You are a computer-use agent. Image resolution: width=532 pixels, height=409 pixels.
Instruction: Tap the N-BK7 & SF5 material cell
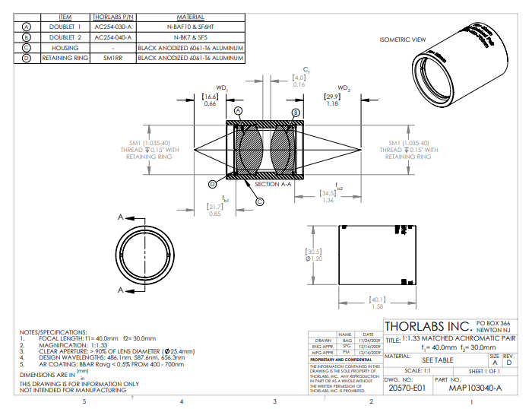[x=190, y=36]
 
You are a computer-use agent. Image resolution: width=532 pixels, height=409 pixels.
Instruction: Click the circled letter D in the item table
[x=27, y=57]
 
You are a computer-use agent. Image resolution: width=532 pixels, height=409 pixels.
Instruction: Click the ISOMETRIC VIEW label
[x=402, y=40]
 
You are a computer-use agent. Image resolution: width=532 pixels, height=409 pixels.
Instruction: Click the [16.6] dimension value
[x=211, y=97]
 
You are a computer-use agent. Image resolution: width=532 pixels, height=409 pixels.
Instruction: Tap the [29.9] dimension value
[x=332, y=97]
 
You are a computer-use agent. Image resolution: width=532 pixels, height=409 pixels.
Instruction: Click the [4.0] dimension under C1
[x=299, y=78]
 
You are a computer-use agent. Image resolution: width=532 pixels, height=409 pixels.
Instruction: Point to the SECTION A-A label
[x=272, y=184]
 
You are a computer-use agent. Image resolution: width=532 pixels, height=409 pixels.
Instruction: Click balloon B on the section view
[x=296, y=113]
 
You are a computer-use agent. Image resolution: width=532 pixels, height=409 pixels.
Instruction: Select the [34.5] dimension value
[x=328, y=193]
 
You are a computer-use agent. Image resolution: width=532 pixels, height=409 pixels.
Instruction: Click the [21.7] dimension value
[x=215, y=207]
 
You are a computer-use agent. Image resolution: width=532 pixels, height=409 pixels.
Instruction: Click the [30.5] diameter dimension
[x=314, y=252]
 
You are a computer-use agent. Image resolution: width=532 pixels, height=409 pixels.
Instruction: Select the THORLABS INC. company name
[x=428, y=326]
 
